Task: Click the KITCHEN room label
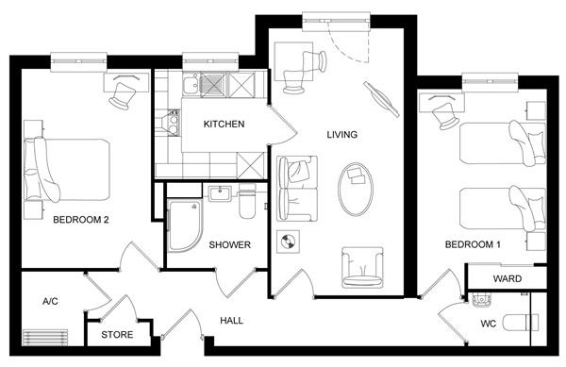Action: tap(224, 125)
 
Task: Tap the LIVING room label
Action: tap(342, 135)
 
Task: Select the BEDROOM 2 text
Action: tap(81, 220)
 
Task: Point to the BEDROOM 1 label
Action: tap(473, 244)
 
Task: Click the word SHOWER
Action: tap(229, 245)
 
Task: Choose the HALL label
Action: tap(231, 321)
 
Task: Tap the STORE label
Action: tap(117, 335)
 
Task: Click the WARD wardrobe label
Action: tap(508, 278)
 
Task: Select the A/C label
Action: tap(50, 301)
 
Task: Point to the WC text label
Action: tap(488, 324)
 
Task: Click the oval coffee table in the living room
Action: tap(356, 190)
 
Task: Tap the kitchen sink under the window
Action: tap(191, 85)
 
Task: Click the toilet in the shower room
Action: tap(247, 201)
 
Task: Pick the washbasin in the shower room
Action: tap(220, 193)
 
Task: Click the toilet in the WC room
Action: tap(521, 323)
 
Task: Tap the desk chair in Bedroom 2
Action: tap(123, 95)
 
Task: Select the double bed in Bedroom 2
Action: tap(67, 170)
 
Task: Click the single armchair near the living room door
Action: tap(362, 267)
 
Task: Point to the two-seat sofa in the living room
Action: tap(297, 189)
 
